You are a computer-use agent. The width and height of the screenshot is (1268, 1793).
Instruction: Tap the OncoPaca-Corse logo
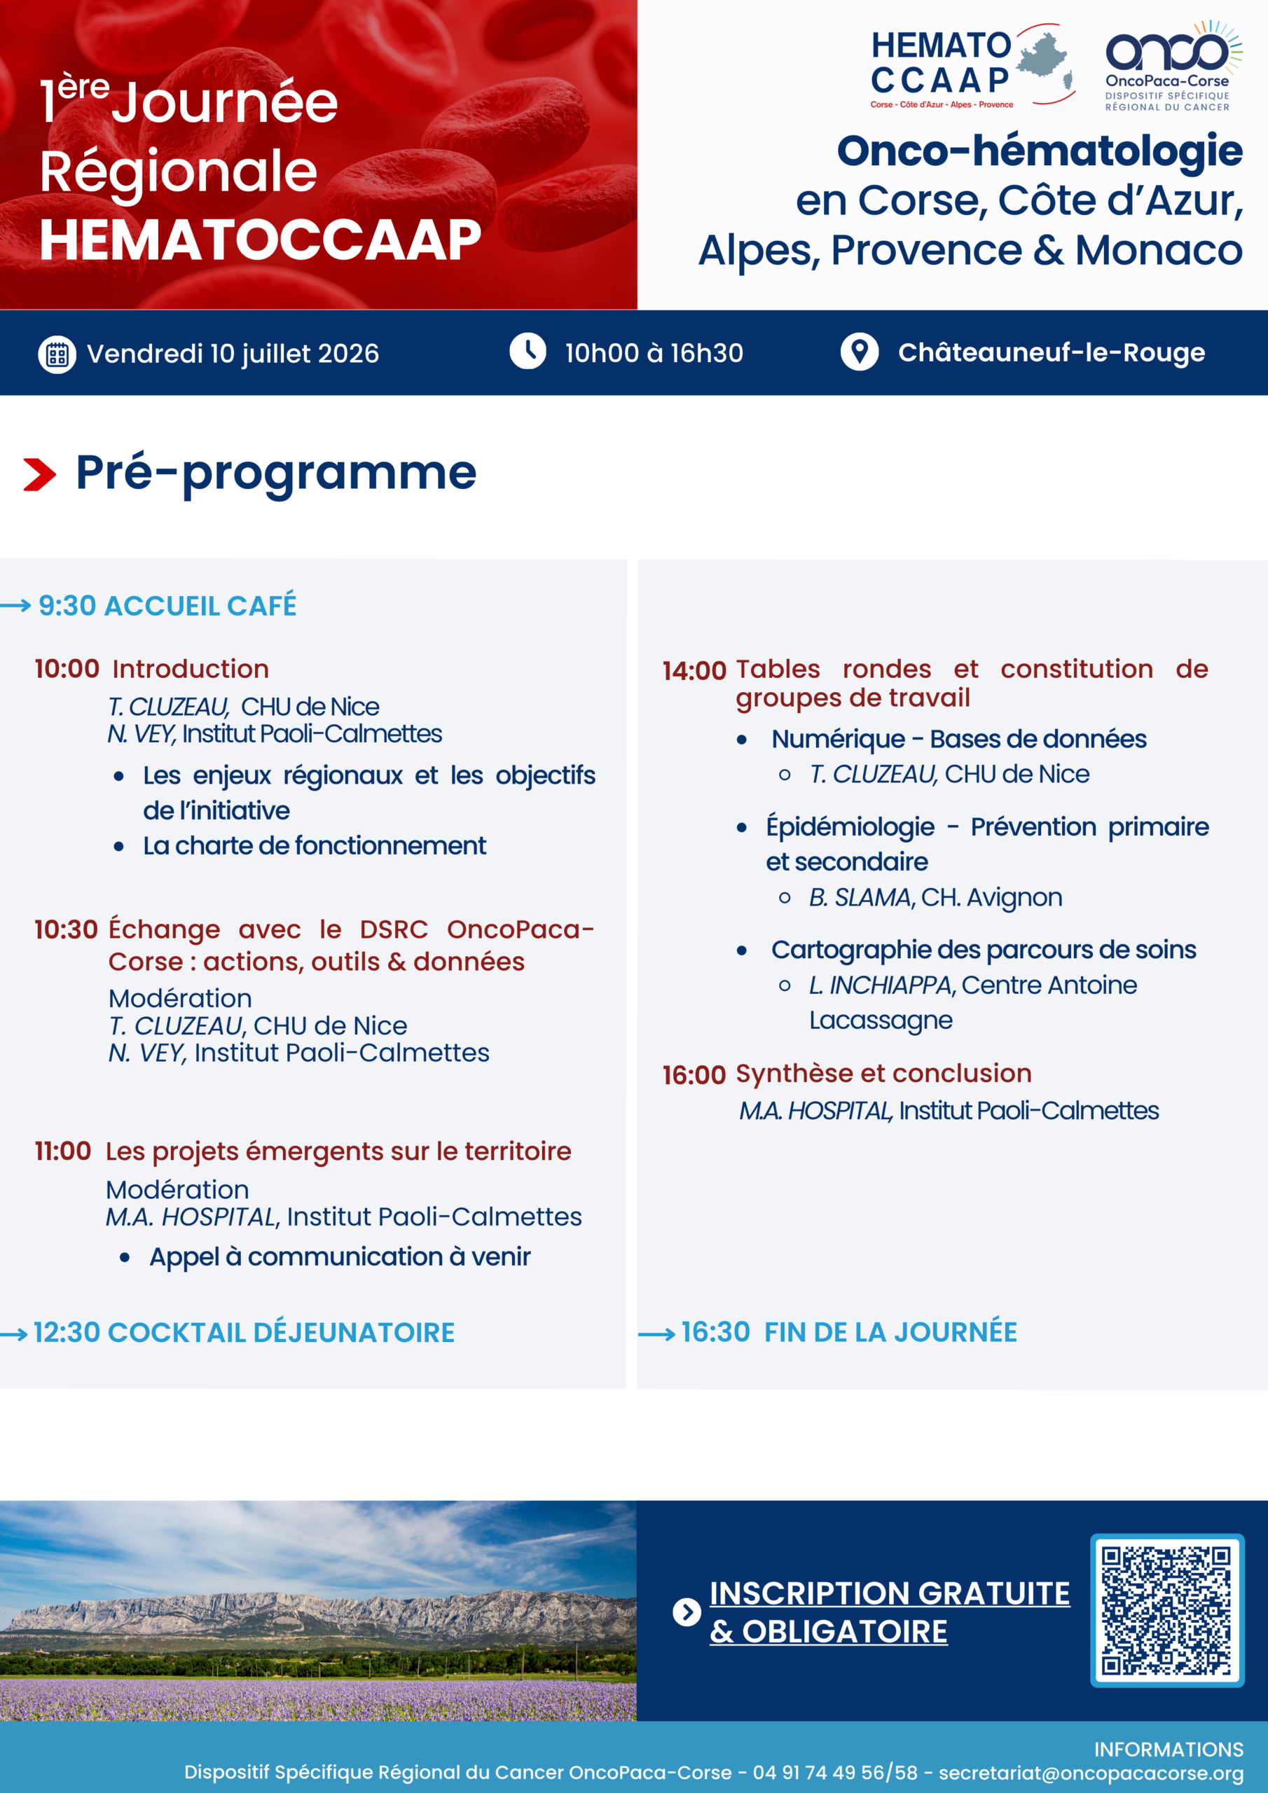coord(1173,67)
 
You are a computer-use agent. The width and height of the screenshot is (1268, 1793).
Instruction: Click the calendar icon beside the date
coord(57,354)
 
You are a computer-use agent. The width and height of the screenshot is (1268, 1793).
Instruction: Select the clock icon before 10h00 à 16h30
coord(528,352)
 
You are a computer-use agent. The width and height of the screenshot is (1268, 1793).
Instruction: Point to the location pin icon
coord(860,352)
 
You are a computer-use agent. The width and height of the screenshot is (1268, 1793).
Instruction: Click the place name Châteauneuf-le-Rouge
coord(1051,353)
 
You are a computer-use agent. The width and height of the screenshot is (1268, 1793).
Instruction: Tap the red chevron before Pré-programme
coord(40,475)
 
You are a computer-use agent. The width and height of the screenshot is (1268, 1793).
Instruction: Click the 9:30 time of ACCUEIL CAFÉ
coord(67,606)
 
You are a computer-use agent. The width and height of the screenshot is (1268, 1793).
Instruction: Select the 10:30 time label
coord(67,929)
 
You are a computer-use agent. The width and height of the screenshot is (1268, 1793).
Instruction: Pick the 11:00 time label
coord(63,1151)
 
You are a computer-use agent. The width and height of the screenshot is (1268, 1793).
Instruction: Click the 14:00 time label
coord(694,671)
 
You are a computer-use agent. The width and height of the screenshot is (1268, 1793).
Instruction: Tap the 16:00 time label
coord(694,1075)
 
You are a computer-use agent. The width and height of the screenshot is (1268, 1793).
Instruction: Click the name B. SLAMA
coord(860,898)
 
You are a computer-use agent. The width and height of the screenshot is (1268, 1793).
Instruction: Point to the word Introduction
coord(191,670)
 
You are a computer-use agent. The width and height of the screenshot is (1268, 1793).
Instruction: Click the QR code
coord(1166,1611)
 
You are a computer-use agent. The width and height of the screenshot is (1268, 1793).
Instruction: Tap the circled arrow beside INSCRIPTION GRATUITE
coord(687,1612)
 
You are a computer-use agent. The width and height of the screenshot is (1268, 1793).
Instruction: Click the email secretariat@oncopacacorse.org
coord(1091,1773)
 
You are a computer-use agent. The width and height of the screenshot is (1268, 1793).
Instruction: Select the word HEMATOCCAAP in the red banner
coord(260,240)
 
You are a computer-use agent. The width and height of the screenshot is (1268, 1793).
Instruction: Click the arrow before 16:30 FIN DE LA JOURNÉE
coord(656,1335)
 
